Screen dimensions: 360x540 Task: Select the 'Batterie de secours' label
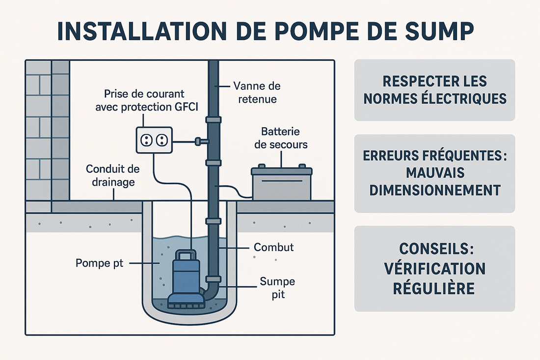pos(281,138)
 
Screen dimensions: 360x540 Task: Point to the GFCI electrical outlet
pos(154,140)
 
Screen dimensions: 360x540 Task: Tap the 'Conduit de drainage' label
pos(112,176)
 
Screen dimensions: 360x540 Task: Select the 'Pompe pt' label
pos(100,263)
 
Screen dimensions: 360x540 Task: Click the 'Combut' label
pos(274,247)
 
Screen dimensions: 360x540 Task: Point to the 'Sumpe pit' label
pos(278,289)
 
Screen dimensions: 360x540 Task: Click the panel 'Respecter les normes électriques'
pos(434,90)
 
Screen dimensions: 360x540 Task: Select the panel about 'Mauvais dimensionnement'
pos(434,173)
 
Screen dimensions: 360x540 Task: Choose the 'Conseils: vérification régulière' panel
pos(434,269)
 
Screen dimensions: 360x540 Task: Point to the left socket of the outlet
pos(146,141)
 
